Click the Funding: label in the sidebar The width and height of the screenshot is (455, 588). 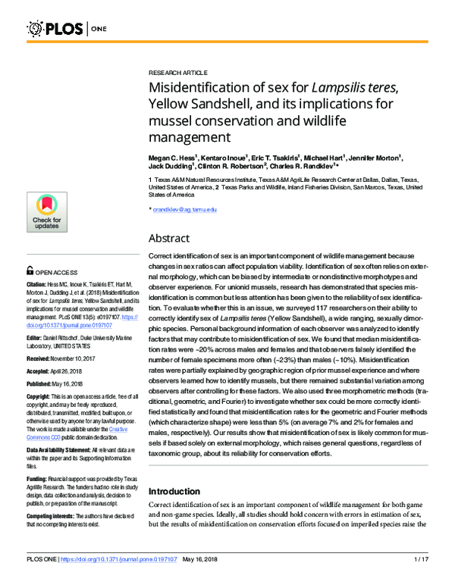(38, 478)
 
